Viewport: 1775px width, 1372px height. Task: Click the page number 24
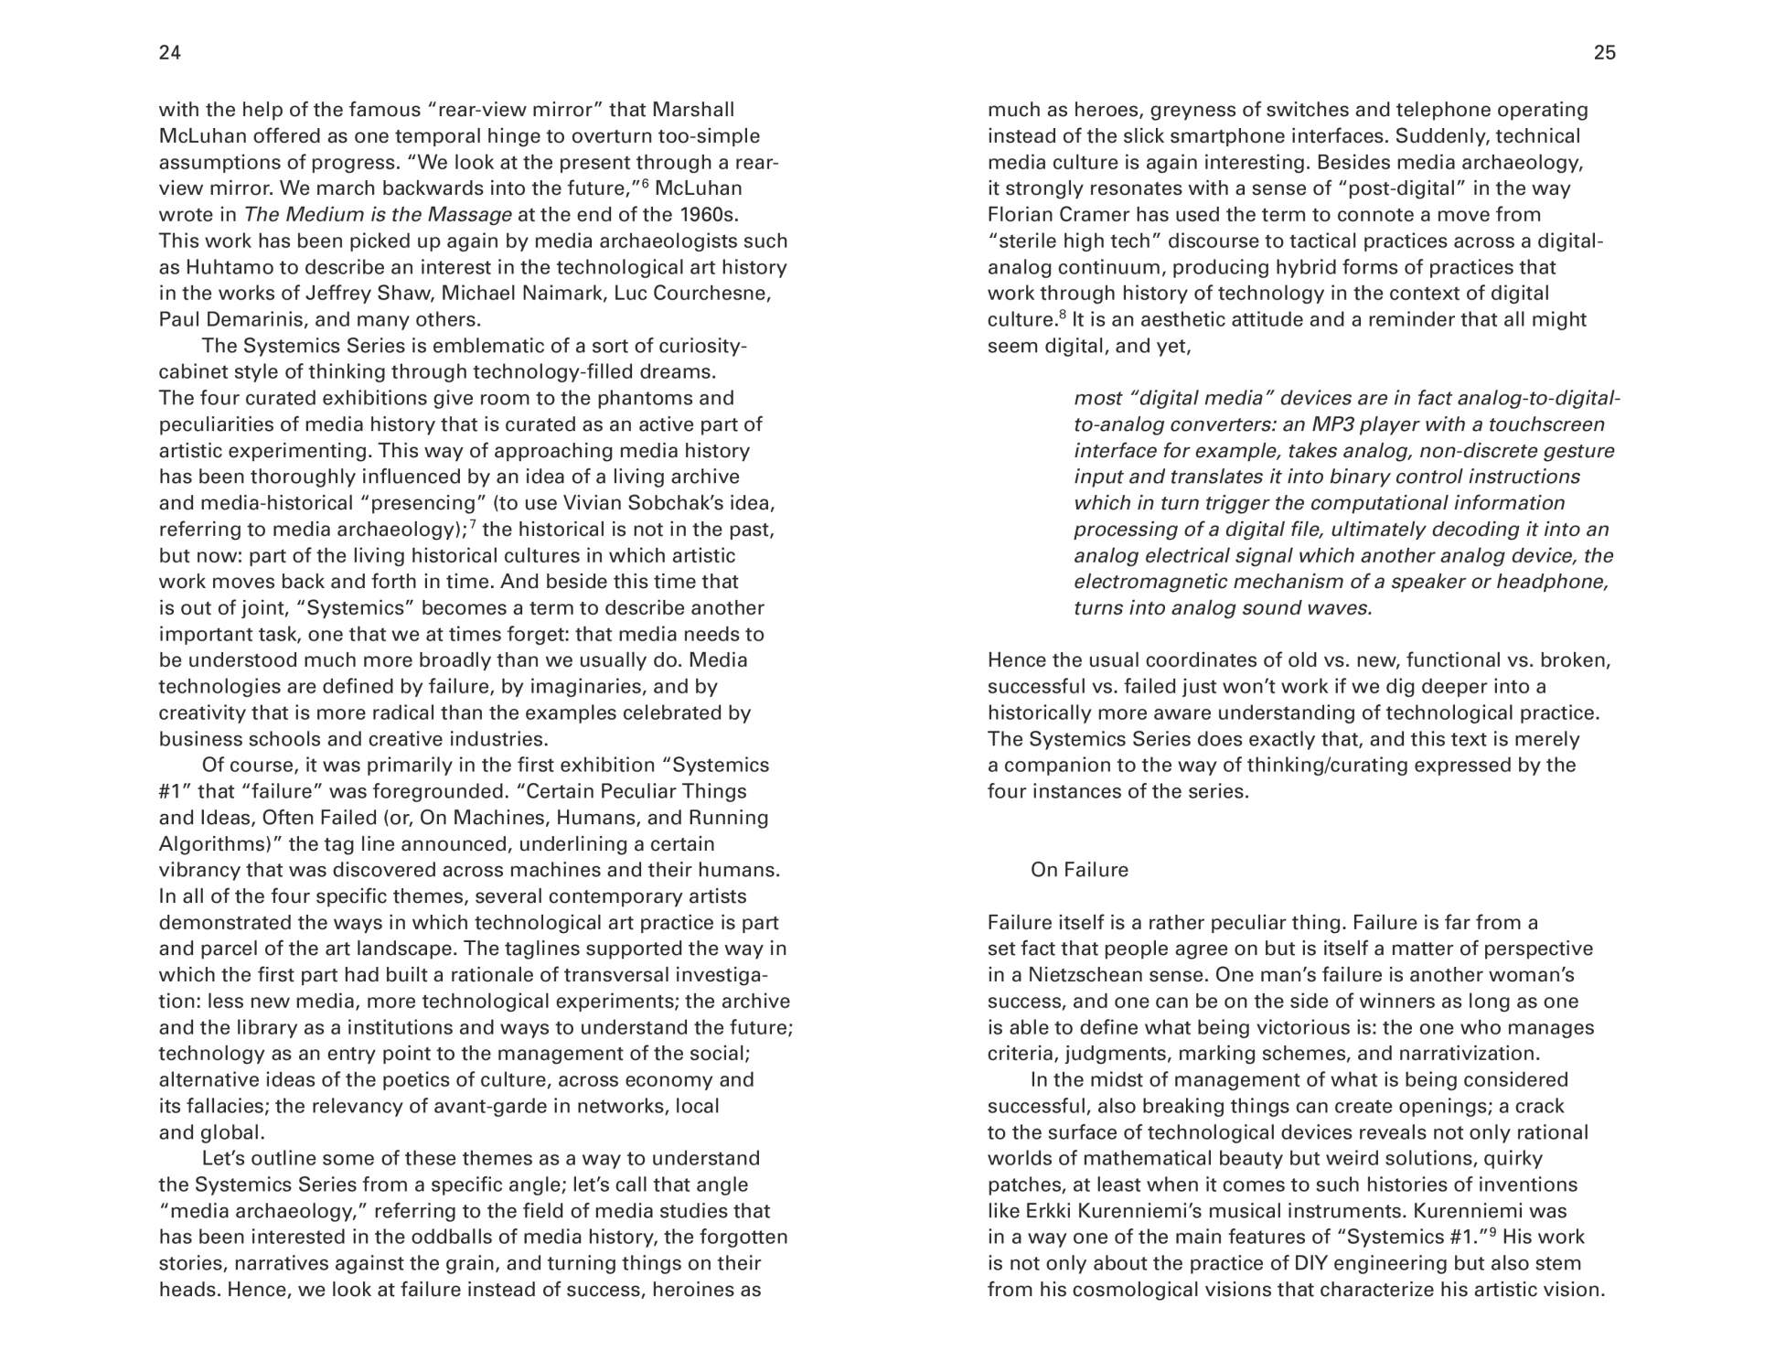[x=170, y=53]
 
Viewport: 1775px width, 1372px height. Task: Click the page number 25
[x=1605, y=53]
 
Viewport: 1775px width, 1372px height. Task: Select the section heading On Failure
[x=1079, y=870]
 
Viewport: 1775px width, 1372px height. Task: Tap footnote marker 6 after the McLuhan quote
[x=645, y=183]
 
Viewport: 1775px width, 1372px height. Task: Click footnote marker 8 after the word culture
[x=1063, y=315]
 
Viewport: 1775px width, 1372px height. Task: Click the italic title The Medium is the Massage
[x=378, y=215]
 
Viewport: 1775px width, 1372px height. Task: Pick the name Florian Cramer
[x=1055, y=215]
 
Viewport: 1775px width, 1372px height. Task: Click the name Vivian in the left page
[x=593, y=503]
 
